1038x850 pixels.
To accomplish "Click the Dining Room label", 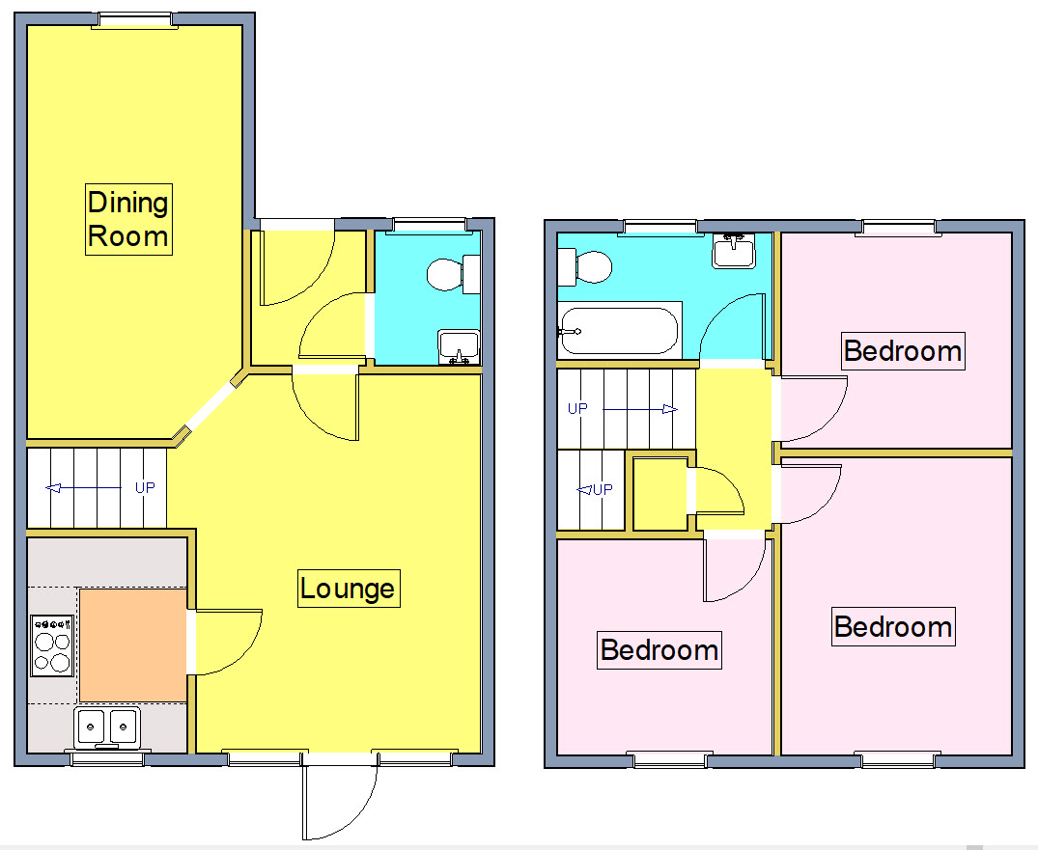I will [128, 219].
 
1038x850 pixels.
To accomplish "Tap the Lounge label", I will [348, 589].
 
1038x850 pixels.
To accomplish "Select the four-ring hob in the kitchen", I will [52, 644].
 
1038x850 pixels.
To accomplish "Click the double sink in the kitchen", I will [108, 727].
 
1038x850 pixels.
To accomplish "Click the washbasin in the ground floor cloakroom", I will [459, 346].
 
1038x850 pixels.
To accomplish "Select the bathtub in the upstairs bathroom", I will [619, 330].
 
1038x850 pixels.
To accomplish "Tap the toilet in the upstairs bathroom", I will [585, 265].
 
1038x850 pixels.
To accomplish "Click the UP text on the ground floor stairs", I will [145, 488].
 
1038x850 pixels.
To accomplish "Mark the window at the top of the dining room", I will [132, 19].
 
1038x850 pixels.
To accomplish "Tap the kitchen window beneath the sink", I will [107, 759].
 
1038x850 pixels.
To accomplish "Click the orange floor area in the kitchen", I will [132, 645].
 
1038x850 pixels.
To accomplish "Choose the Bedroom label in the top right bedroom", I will [903, 350].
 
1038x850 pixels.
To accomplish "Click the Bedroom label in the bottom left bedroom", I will [659, 649].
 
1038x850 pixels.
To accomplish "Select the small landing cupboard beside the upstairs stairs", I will [659, 493].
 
